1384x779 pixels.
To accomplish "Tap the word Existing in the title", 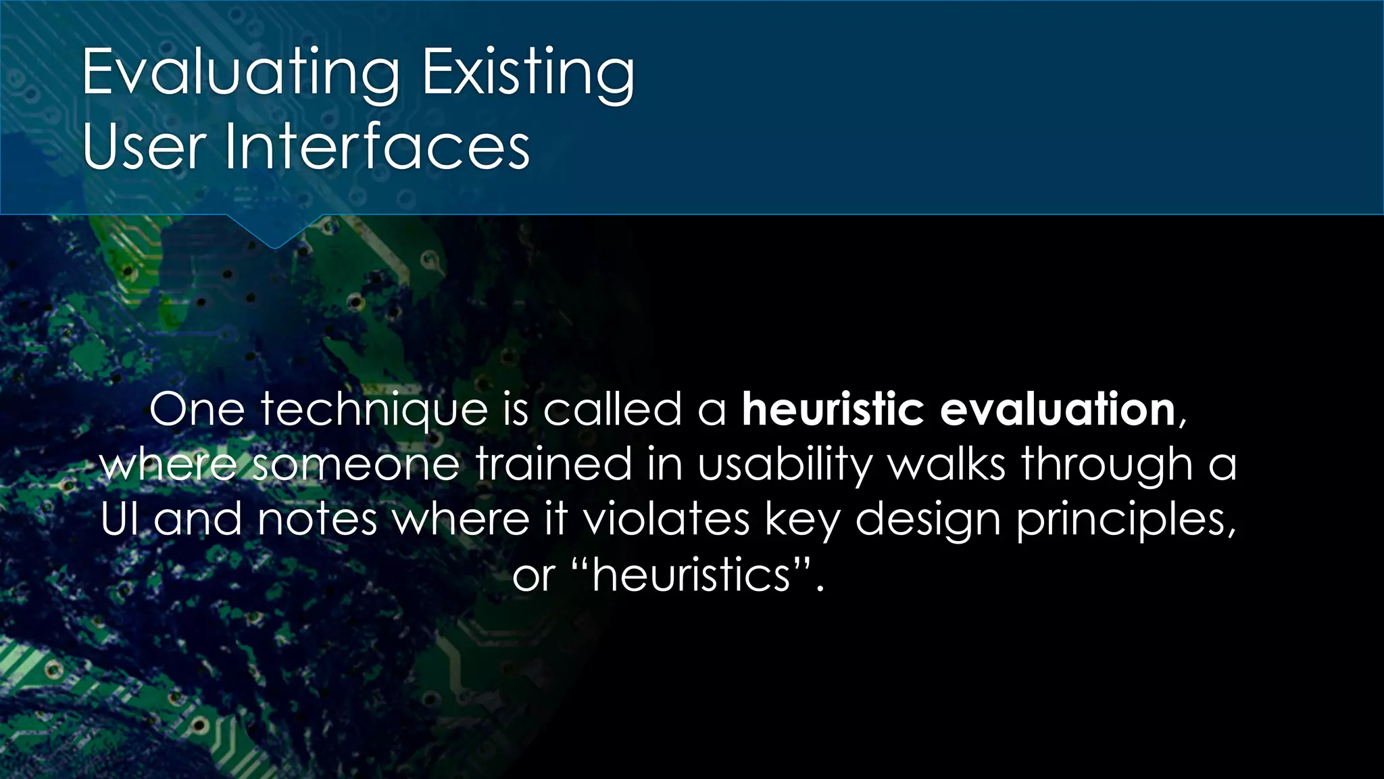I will pos(528,73).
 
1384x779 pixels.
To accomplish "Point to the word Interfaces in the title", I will pos(377,146).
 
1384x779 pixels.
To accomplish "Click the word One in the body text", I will pos(197,409).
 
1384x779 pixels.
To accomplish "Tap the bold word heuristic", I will pos(833,409).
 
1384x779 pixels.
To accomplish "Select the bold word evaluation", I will pos(1058,409).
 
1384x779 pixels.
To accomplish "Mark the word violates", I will pos(666,519).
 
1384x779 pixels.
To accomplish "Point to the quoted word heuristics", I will pos(691,575).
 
